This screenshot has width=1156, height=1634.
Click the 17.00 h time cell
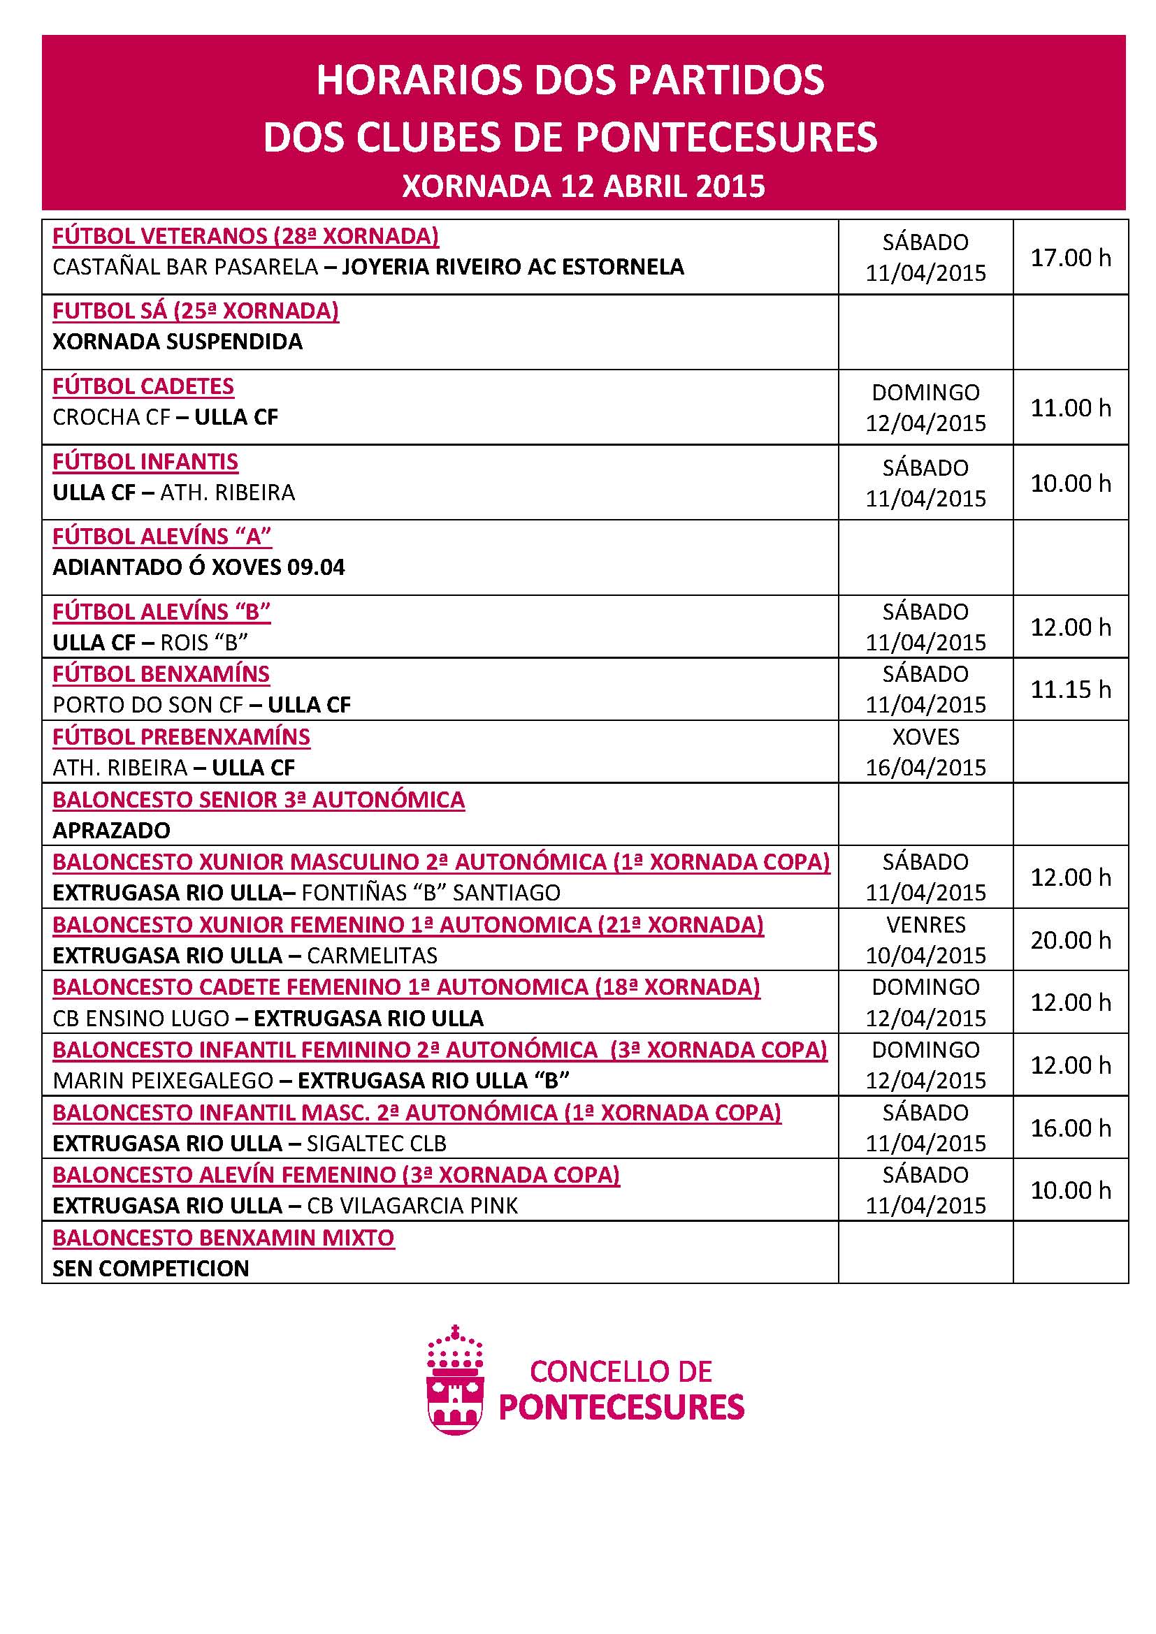[1070, 258]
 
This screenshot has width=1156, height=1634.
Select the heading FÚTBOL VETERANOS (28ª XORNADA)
[245, 235]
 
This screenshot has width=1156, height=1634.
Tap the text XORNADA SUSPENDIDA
[178, 342]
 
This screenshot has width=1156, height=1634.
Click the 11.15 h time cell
[1070, 689]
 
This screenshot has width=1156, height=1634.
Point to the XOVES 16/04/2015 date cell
[925, 752]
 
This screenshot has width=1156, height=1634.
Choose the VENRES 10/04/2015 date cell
[925, 940]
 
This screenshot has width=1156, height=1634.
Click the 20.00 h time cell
[1070, 940]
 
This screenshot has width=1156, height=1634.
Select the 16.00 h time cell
[1070, 1128]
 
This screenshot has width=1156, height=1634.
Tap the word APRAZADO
[112, 831]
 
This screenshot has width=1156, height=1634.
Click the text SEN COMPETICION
[151, 1268]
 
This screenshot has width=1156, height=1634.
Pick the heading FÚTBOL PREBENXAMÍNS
[182, 736]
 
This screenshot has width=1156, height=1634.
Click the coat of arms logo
[456, 1380]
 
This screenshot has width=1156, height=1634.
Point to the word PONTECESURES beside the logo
[621, 1407]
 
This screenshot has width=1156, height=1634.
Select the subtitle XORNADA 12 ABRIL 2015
[584, 187]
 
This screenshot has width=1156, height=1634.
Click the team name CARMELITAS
[373, 955]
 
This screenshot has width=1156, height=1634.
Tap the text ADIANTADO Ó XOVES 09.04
[198, 567]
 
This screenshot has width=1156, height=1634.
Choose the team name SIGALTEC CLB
[377, 1143]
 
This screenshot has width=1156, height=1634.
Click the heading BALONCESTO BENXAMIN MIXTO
[224, 1238]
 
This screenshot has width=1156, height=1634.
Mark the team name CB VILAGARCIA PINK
[412, 1206]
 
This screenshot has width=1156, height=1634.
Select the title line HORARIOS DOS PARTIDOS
[570, 80]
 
